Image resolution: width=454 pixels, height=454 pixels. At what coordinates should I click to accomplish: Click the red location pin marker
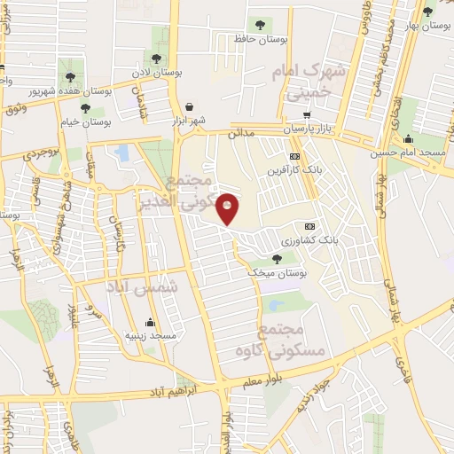coord(228,207)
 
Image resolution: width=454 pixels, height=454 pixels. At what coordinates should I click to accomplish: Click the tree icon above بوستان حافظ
coord(259,25)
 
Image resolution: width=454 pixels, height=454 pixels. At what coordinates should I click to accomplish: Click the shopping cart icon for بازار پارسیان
coord(307,115)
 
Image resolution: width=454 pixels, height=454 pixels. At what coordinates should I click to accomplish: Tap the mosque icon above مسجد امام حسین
coord(408,138)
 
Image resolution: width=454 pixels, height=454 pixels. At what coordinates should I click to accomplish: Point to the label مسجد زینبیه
coord(151,337)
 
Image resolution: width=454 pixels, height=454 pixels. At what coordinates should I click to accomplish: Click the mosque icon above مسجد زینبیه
coord(150,322)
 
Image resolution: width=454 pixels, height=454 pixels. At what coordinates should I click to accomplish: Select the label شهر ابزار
coord(189,121)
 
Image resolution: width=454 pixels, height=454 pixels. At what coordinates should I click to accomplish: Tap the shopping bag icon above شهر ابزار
coord(190,106)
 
